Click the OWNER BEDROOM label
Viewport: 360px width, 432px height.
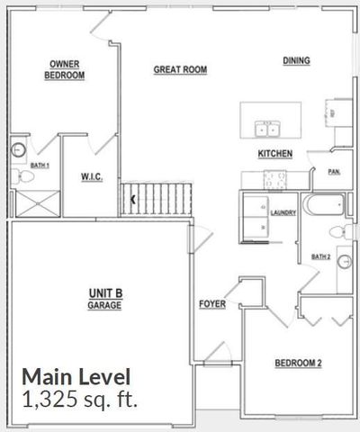(66, 70)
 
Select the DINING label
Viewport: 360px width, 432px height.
(296, 61)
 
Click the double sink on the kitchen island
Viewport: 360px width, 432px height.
(266, 127)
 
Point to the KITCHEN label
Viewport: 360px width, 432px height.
(274, 154)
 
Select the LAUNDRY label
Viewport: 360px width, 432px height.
(283, 212)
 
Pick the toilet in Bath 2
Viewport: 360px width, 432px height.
(339, 231)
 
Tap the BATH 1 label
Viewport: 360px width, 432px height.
(40, 166)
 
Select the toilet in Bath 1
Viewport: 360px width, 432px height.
(18, 175)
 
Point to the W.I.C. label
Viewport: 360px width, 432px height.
(92, 177)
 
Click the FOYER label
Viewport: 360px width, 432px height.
(212, 304)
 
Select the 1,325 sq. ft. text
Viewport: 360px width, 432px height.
(80, 400)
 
